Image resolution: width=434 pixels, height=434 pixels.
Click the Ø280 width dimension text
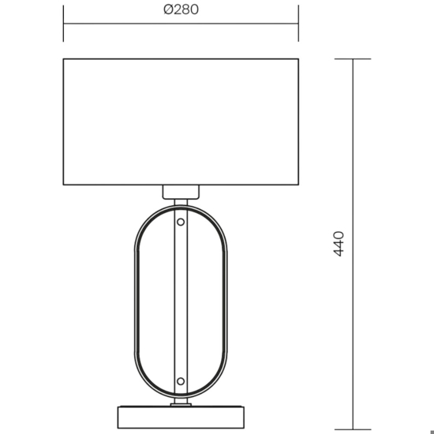(x=180, y=10)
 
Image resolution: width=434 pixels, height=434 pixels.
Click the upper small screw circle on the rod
(x=181, y=223)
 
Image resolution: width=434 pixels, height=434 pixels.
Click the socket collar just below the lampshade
(x=181, y=191)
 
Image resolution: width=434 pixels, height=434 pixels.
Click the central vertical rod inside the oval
(x=181, y=300)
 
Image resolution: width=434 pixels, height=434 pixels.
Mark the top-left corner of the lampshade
(x=63, y=58)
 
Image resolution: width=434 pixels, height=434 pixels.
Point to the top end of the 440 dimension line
(x=352, y=59)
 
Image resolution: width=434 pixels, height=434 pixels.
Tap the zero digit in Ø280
(x=193, y=10)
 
